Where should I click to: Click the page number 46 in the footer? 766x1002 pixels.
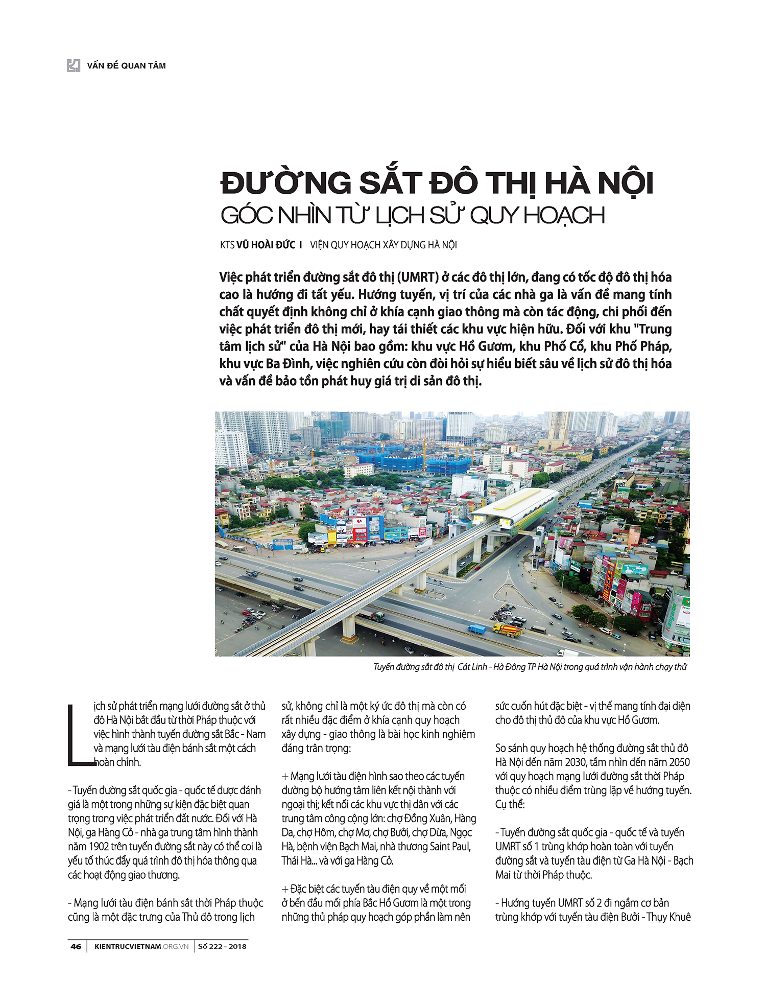click(x=76, y=946)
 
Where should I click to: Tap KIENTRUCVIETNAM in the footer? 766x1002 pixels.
click(x=128, y=946)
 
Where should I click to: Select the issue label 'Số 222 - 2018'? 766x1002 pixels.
click(x=222, y=946)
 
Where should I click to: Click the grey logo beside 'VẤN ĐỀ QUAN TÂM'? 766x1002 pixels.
click(x=74, y=65)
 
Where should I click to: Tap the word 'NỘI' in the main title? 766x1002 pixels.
click(x=626, y=183)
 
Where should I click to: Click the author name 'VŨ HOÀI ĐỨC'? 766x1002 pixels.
click(x=266, y=245)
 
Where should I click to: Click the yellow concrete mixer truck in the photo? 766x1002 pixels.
click(x=507, y=628)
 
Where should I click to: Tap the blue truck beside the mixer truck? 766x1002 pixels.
click(x=477, y=628)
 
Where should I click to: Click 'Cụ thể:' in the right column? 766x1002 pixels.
click(x=510, y=804)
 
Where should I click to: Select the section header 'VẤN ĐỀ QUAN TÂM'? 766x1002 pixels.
click(x=126, y=65)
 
